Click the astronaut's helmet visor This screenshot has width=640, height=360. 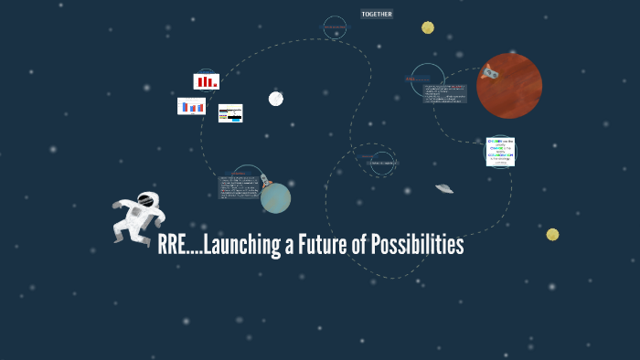coord(144,198)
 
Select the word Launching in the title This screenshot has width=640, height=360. coord(240,246)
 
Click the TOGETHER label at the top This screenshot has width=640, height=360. coord(377,15)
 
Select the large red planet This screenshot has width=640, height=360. coord(509,86)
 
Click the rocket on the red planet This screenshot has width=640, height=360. coord(491,71)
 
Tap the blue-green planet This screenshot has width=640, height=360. coord(275,197)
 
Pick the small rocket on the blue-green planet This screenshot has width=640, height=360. coord(263,180)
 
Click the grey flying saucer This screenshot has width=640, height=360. coord(444,188)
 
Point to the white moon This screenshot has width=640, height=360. coord(275,99)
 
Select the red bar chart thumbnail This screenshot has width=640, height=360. coord(206,81)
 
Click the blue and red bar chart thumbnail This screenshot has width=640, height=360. coord(191,106)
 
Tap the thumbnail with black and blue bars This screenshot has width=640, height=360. coord(230,113)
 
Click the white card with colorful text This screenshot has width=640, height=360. coord(500,152)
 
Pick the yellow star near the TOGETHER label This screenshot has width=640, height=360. coord(428,27)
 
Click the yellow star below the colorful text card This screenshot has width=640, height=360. coord(552,235)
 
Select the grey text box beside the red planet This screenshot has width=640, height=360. coord(444,93)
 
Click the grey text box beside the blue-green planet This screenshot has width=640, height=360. coord(238,186)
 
